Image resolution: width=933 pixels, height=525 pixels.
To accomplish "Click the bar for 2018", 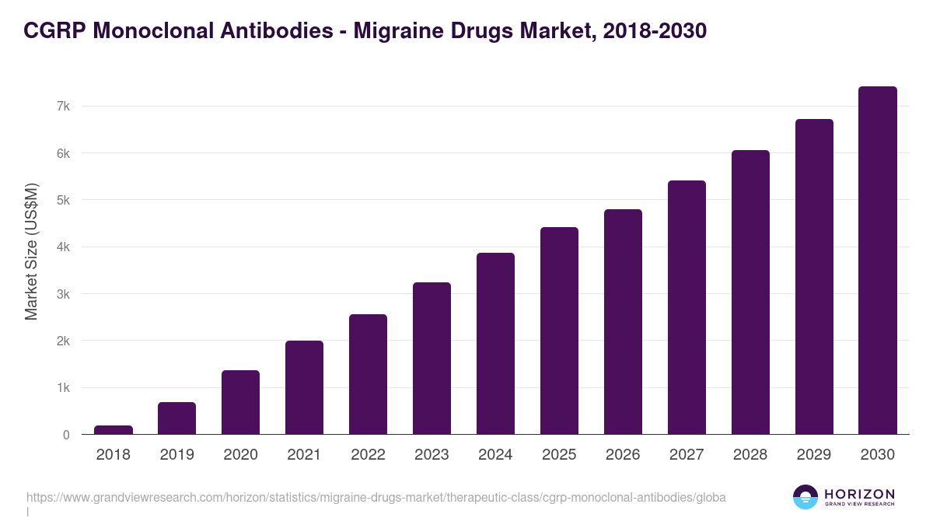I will click(114, 429).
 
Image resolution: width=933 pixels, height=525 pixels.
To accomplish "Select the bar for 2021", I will click(304, 387).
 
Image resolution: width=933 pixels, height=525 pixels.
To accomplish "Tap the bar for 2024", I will click(495, 343).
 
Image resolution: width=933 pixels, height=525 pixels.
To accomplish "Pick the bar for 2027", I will click(687, 307).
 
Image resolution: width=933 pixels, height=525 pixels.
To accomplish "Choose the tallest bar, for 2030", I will click(878, 261).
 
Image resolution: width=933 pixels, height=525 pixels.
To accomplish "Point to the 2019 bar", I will click(177, 418).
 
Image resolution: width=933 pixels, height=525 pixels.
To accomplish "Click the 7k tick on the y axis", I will click(63, 106).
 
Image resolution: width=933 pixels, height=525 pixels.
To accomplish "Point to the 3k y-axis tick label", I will click(63, 294).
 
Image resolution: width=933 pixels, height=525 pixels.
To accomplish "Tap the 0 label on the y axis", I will click(66, 435).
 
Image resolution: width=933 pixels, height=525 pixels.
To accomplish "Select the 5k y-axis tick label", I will click(63, 200).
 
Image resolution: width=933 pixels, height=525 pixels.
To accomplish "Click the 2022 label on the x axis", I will click(368, 455).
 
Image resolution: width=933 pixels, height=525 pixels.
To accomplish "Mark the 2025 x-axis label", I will click(559, 455).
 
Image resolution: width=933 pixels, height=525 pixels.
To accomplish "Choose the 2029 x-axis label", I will click(814, 455).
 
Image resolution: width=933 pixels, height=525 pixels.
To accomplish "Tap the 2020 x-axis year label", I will click(241, 455).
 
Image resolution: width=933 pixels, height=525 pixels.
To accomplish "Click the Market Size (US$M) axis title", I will click(31, 251).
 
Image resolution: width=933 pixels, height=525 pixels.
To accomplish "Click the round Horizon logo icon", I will click(805, 497).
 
